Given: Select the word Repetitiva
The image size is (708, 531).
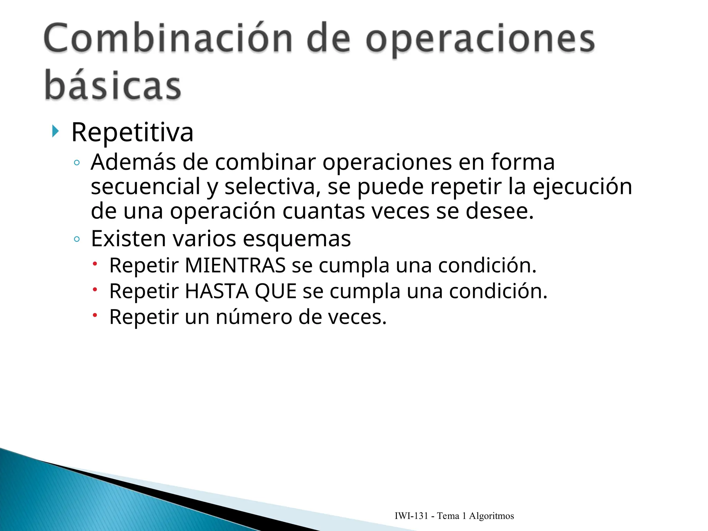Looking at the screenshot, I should point(132,132).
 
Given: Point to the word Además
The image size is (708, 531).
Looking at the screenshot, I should point(133,162).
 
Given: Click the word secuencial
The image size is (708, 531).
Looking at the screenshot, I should point(146,187).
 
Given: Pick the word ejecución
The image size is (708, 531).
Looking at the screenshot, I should point(582,187).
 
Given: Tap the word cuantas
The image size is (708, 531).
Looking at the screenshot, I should point(324,211).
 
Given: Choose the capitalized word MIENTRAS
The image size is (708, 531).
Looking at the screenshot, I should point(235,265).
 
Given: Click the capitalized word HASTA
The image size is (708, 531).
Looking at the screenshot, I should point(217,291).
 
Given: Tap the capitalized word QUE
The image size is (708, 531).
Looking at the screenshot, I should point(276,291).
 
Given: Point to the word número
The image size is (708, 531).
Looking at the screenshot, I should point(254,317).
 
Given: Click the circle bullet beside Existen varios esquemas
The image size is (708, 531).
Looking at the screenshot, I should point(77,239).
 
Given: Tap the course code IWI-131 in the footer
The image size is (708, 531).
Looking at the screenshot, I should point(411,516).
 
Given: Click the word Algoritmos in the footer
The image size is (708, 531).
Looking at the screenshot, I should point(491,516).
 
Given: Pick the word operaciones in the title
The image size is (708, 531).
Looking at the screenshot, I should point(480,39).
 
